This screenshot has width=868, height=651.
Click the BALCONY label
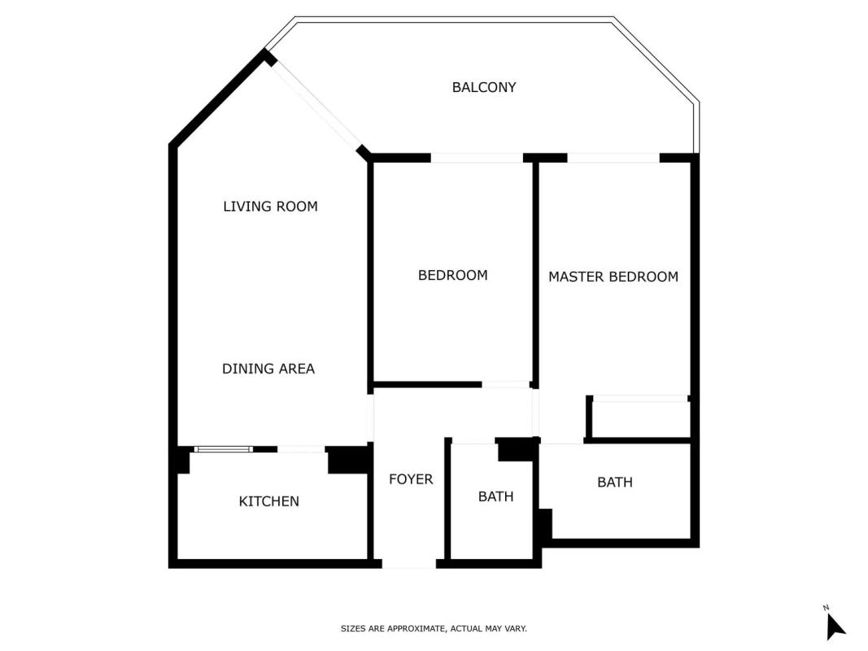[x=484, y=87]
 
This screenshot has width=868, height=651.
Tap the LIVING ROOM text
[x=270, y=207]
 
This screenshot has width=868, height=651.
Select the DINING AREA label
[x=268, y=369]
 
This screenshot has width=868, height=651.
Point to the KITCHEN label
[x=268, y=501]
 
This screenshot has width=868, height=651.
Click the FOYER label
[x=410, y=478]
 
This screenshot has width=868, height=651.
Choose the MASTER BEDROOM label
[x=613, y=277]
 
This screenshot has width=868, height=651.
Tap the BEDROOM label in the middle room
[x=452, y=275]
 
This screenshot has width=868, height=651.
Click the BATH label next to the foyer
[x=495, y=496]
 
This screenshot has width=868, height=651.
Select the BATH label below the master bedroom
[x=614, y=483]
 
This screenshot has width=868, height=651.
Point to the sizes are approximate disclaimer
[x=434, y=628]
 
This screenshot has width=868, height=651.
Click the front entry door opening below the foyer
[x=408, y=564]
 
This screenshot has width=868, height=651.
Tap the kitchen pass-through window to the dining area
[x=223, y=449]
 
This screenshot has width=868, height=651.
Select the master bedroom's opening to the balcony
[x=613, y=158]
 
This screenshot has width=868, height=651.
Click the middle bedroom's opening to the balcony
[x=477, y=158]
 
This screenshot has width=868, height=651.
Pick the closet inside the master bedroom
[x=639, y=418]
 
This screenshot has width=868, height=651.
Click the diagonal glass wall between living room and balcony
[x=316, y=105]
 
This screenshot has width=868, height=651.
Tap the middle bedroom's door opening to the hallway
[x=505, y=384]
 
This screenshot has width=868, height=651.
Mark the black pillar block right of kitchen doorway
[x=348, y=460]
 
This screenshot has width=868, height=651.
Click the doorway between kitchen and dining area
[x=301, y=449]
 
